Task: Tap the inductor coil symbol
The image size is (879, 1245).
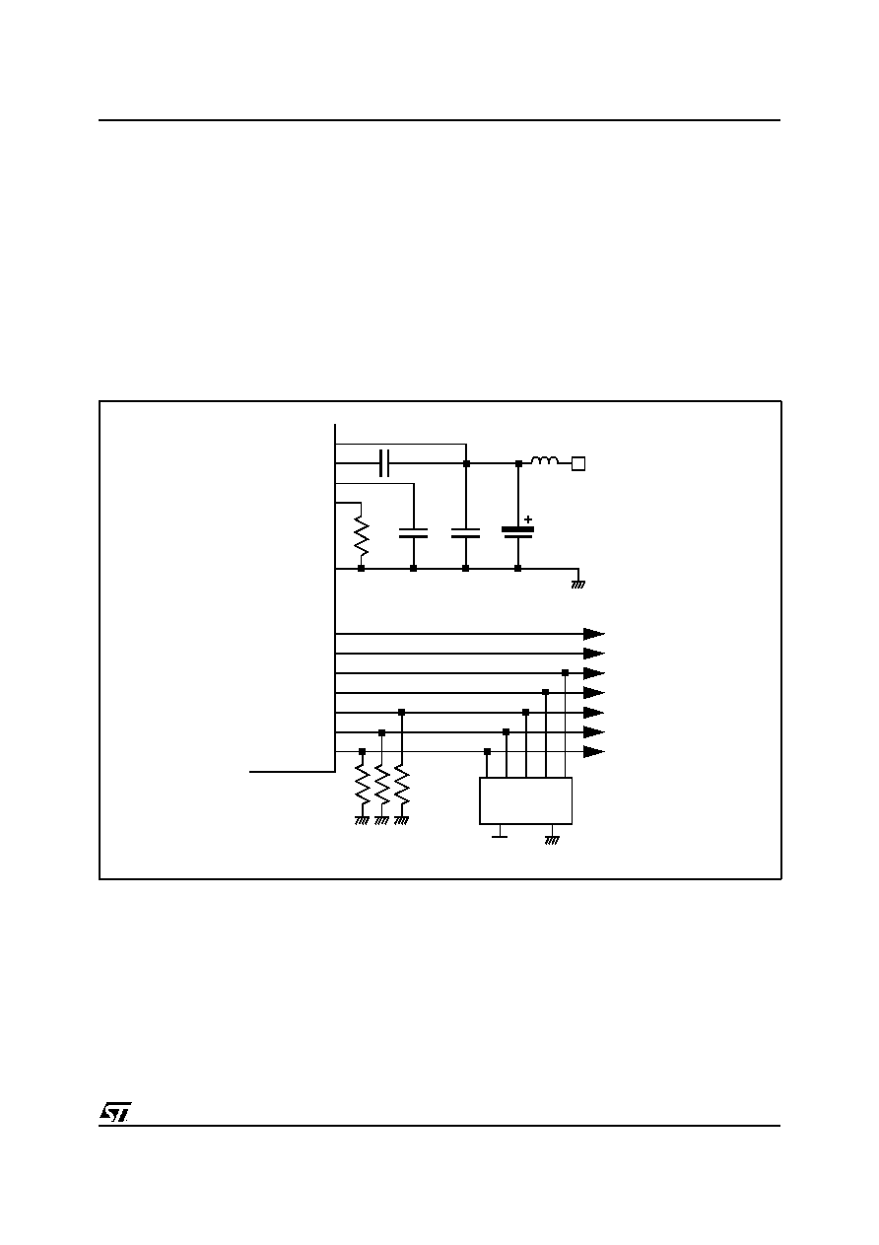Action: tap(545, 460)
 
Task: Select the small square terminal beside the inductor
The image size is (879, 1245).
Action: tap(578, 463)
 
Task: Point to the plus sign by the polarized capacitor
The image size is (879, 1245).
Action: tap(528, 519)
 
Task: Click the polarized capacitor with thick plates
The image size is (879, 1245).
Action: tap(518, 533)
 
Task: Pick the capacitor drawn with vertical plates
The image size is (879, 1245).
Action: tap(384, 463)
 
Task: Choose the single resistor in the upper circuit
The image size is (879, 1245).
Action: tap(361, 536)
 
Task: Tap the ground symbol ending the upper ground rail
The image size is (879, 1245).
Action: tap(577, 584)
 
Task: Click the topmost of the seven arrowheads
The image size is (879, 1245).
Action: tap(594, 634)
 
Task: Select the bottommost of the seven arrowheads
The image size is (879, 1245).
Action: tap(594, 752)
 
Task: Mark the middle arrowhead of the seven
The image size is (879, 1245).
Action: tap(594, 693)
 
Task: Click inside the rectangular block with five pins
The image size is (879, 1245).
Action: tap(525, 800)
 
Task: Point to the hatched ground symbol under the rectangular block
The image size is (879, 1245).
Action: tap(552, 840)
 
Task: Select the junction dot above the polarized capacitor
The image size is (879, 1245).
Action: tap(518, 463)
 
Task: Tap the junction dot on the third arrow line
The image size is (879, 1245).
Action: tap(565, 673)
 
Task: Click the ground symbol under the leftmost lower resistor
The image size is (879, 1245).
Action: tap(362, 820)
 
